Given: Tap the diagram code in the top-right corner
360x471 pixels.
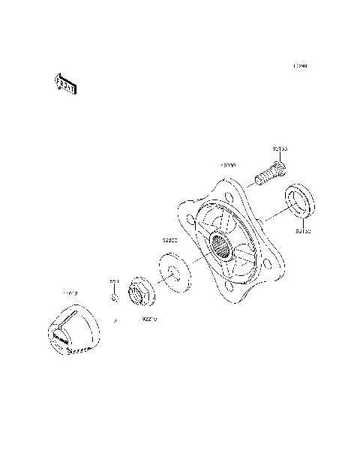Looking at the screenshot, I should [300, 67].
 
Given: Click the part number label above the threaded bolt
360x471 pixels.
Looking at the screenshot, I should [278, 150].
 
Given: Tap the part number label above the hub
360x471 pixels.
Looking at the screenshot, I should [228, 164].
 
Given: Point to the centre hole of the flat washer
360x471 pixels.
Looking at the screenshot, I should [172, 271].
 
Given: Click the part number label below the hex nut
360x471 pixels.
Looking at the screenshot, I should [148, 318].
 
